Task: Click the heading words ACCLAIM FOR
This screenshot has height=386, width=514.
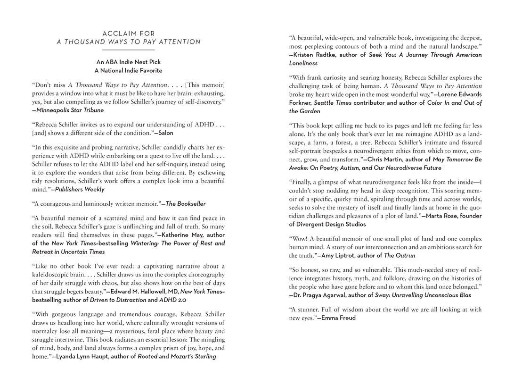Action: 129,33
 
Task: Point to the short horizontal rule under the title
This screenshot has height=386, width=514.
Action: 129,50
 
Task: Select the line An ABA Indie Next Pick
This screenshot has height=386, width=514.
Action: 129,62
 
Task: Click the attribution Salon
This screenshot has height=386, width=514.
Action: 165,133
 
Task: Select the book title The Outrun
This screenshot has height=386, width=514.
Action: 400,255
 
